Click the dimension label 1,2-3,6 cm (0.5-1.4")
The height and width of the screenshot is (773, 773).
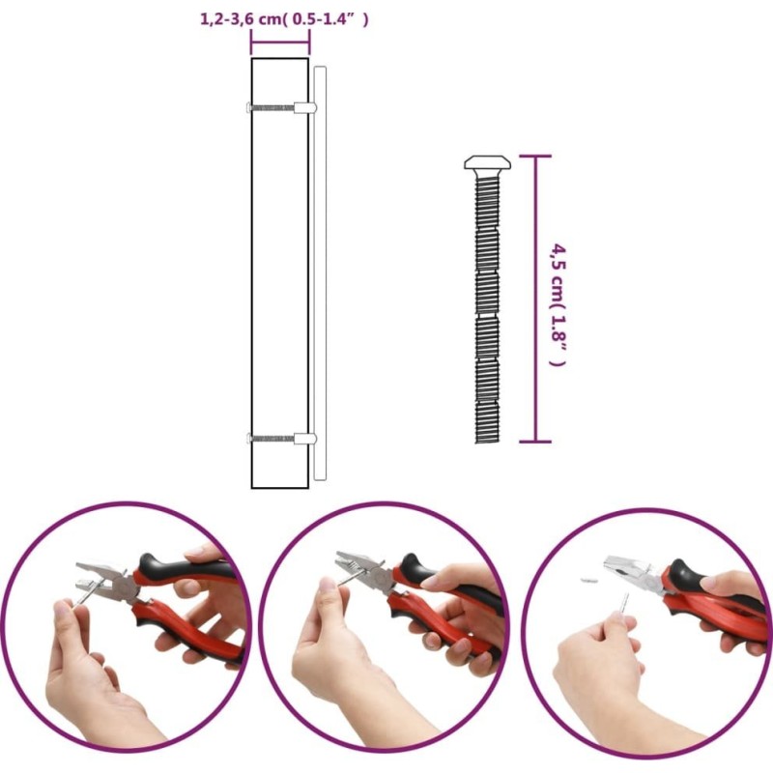point(284,19)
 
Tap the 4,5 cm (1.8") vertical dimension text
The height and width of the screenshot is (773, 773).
point(558,304)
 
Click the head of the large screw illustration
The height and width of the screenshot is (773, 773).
point(487,162)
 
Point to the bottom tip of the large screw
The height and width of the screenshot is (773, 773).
point(488,442)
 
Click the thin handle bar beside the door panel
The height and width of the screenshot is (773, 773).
point(320,273)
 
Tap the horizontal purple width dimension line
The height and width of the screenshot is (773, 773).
point(280,43)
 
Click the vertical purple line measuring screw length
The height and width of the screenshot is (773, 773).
point(535,299)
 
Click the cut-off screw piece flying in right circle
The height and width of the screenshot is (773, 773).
point(589,580)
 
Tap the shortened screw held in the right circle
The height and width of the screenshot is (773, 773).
point(623,605)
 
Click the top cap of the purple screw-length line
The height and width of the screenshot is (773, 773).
point(535,157)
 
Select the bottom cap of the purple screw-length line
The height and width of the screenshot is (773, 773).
point(535,442)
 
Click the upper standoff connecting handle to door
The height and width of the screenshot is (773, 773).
point(305,108)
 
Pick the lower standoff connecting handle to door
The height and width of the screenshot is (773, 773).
point(305,439)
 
